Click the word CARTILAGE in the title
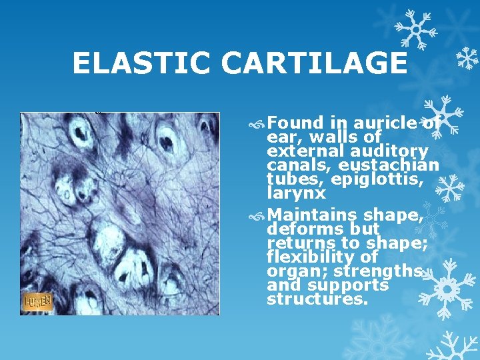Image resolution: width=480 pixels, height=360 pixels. coord(313,64)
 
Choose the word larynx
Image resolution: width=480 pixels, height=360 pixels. coord(296,194)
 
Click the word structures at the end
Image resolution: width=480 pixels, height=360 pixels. coord(317,299)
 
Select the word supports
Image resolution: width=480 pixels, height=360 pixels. coord(356,285)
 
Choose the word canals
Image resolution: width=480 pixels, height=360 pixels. coord(293,165)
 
